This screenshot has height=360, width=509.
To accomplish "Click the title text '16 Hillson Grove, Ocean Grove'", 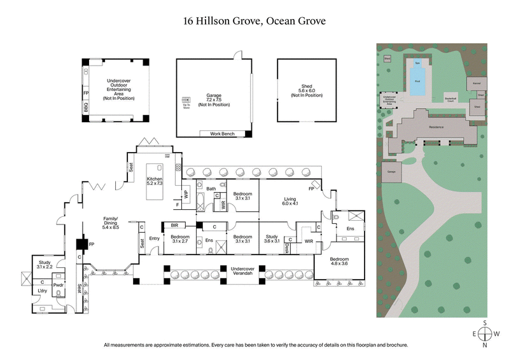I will click(x=254, y=20).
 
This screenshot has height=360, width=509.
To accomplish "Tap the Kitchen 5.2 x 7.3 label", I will click(x=155, y=181).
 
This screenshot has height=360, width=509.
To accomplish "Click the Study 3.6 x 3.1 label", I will click(x=273, y=239).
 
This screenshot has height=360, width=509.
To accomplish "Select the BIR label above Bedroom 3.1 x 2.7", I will click(x=173, y=225).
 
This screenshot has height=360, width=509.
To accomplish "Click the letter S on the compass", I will click(x=485, y=323).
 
